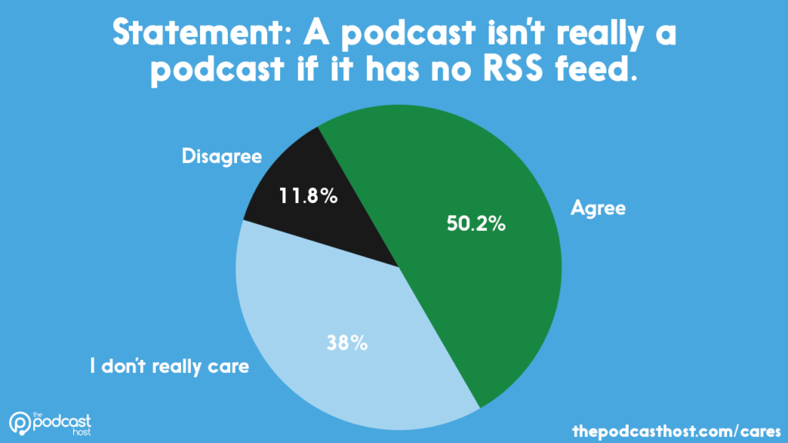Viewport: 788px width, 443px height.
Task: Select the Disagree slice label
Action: [222, 157]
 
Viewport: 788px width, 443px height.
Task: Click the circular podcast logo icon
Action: [21, 423]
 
